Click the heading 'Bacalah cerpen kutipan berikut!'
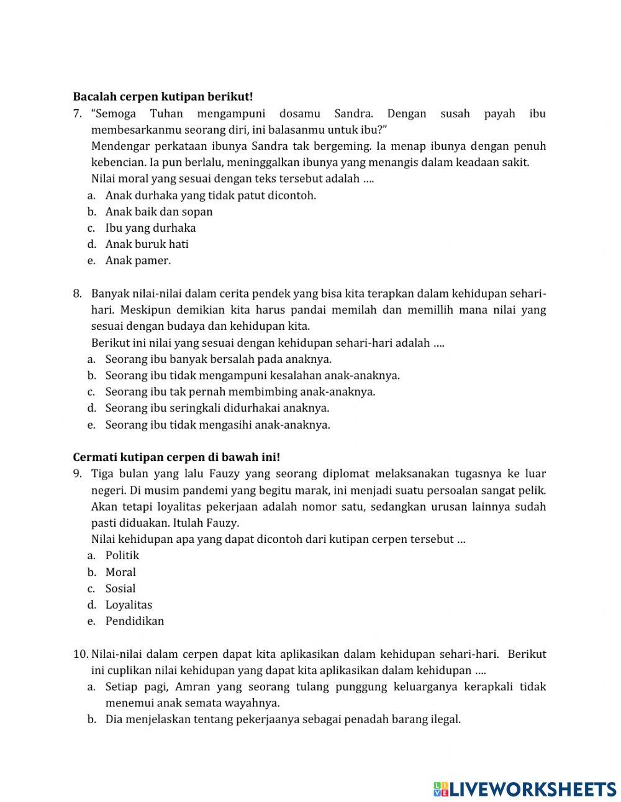pyautogui.click(x=163, y=97)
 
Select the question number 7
pyautogui.click(x=78, y=114)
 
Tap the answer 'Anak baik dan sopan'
pyautogui.click(x=159, y=212)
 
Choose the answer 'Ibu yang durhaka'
pyautogui.click(x=150, y=228)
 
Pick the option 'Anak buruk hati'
pyautogui.click(x=147, y=244)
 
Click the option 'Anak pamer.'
pyautogui.click(x=138, y=261)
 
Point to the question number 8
pyautogui.click(x=78, y=294)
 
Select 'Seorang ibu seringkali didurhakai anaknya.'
pyautogui.click(x=217, y=408)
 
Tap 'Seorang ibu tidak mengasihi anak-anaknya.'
pyautogui.click(x=217, y=425)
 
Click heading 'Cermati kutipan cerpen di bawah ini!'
pyautogui.click(x=176, y=457)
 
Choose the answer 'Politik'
pyautogui.click(x=122, y=555)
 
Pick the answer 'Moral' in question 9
pyautogui.click(x=120, y=572)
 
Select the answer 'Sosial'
pyautogui.click(x=120, y=588)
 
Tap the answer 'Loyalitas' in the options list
pyautogui.click(x=129, y=605)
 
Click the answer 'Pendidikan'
pyautogui.click(x=135, y=621)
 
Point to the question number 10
pyautogui.click(x=81, y=654)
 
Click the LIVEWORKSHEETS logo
pyautogui.click(x=525, y=789)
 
